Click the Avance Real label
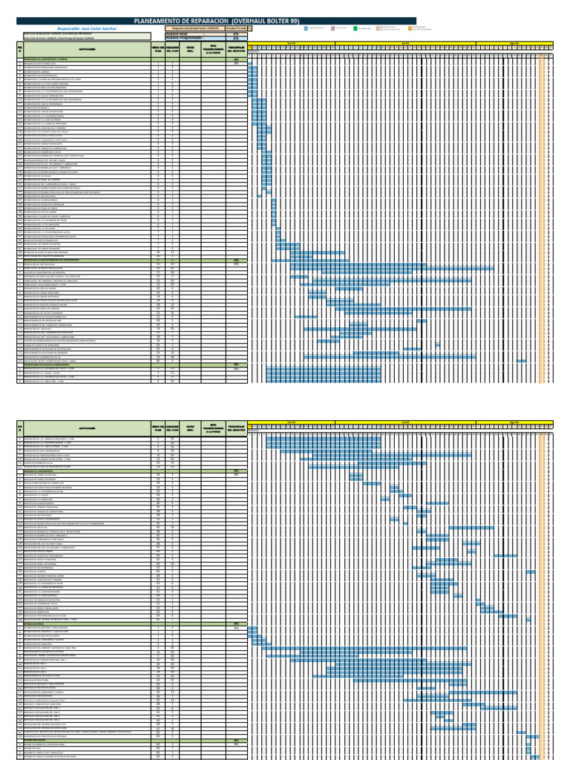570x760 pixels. (177, 33)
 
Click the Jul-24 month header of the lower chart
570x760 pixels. (405, 422)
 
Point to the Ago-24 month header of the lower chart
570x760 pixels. (514, 422)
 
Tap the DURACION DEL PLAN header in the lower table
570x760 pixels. (172, 428)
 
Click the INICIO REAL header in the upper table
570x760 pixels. (190, 50)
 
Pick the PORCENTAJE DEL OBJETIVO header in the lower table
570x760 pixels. (237, 428)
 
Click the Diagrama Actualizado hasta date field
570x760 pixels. (191, 27)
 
